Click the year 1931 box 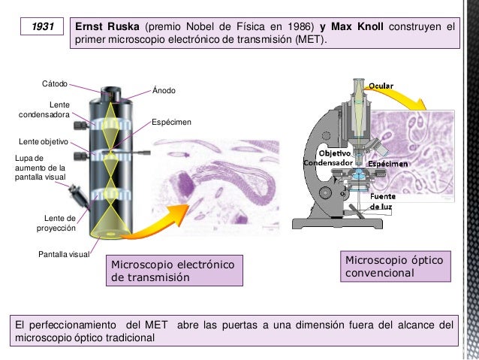42,26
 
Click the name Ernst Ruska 107,26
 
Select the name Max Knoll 357,26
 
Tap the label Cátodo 55,84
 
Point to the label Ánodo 164,90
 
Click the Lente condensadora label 44,110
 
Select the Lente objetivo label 44,141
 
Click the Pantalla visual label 64,254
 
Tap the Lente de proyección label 56,223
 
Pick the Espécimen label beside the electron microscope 171,122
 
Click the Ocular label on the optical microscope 381,86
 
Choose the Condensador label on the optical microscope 328,163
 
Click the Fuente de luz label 382,201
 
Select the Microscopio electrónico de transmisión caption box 174,271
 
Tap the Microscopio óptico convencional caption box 396,266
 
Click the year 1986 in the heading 300,26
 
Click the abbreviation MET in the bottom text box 156,325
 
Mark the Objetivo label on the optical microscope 335,153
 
